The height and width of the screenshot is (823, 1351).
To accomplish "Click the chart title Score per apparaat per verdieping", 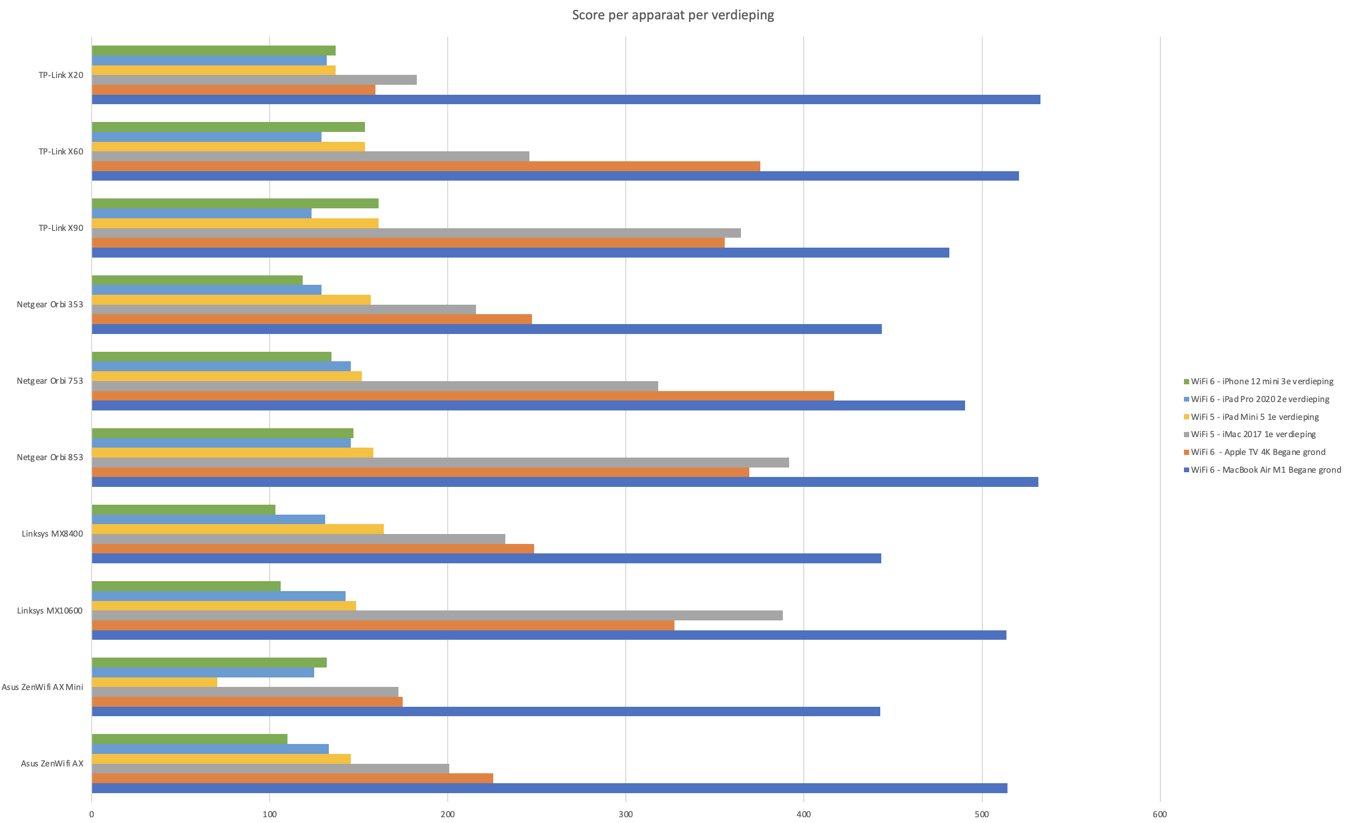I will (673, 15).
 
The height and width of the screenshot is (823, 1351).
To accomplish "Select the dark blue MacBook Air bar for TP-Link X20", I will (564, 100).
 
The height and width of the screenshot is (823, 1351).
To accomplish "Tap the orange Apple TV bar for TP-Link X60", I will (426, 166).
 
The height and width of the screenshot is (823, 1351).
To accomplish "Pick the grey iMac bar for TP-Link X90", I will (416, 233).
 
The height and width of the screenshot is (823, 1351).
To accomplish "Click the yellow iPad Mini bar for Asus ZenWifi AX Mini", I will (154, 682).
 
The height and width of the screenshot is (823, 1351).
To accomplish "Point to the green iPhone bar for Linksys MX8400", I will (183, 509).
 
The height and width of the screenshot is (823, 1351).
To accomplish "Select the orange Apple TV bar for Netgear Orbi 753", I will (462, 395).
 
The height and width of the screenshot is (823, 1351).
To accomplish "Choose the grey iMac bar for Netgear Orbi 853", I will (440, 462).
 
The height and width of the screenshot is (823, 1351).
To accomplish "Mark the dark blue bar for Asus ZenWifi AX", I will (549, 788).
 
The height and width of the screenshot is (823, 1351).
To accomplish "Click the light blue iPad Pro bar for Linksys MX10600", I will (218, 596).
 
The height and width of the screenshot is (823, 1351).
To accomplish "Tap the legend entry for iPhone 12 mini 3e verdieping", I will (1261, 382).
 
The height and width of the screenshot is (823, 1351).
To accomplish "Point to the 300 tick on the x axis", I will (626, 814).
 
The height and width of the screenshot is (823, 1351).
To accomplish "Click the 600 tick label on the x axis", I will (1160, 814).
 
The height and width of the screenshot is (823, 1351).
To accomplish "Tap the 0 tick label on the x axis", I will (92, 814).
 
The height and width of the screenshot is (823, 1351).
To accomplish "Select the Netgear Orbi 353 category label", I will (50, 304).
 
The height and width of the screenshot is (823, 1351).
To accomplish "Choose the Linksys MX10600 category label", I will (50, 610).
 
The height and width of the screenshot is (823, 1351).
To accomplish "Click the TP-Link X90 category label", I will (61, 228).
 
